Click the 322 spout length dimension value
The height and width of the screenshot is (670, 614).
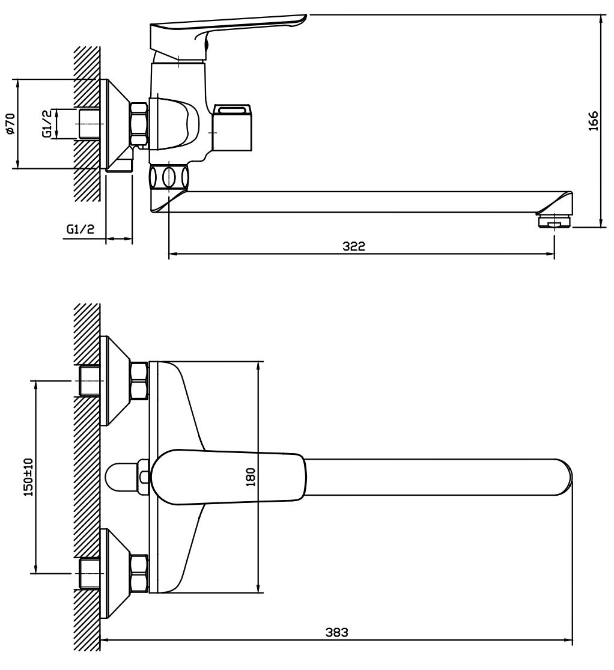[354, 246]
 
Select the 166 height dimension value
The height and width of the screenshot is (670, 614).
[594, 121]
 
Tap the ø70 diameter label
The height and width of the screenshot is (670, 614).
[10, 124]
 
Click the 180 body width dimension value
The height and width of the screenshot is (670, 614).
[251, 477]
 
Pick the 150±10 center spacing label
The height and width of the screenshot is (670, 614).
[28, 477]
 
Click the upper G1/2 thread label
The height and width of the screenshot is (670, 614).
[47, 124]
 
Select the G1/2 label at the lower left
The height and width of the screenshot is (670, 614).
[81, 229]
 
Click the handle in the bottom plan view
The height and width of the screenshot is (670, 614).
[228, 477]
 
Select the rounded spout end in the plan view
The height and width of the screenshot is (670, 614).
[565, 477]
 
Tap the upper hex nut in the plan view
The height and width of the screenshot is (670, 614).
[139, 380]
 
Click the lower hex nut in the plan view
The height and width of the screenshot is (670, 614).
[139, 573]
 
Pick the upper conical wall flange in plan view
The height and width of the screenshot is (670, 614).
[115, 380]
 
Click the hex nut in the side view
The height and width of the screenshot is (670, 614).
[139, 124]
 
